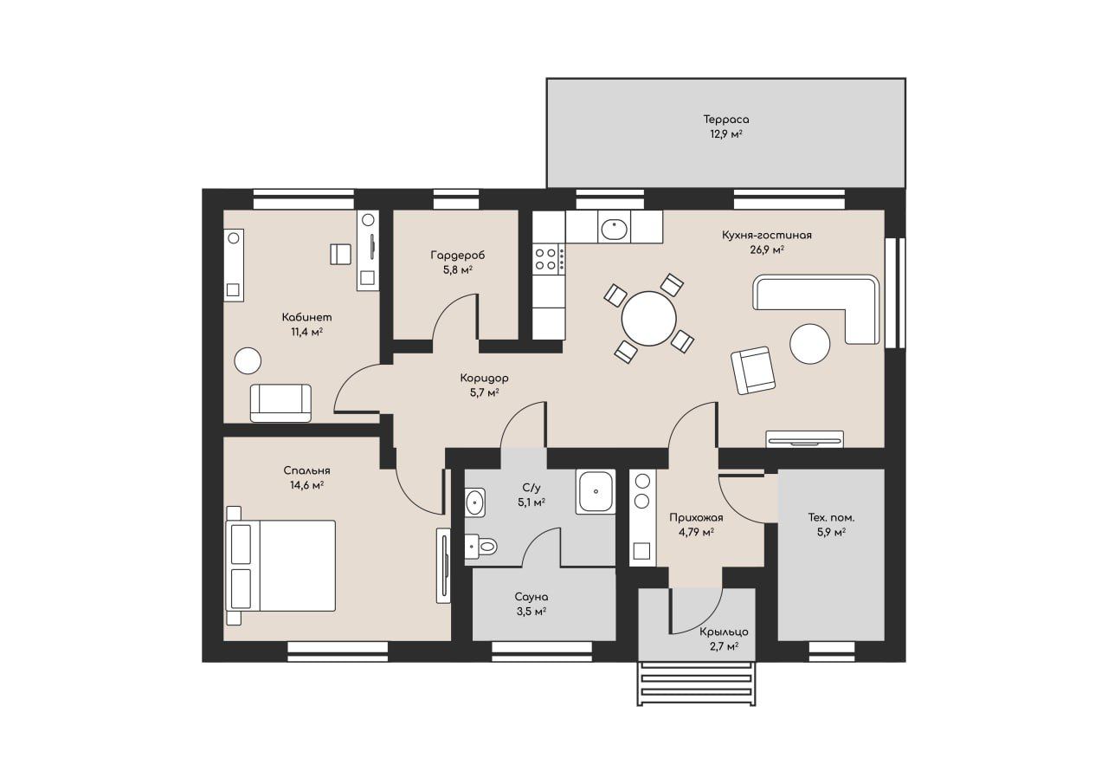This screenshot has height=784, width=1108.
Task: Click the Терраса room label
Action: point(725,120)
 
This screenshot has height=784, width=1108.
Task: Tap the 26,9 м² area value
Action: point(767,250)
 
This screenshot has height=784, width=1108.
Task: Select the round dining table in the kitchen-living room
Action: point(648,319)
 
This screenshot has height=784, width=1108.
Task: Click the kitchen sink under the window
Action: point(615,228)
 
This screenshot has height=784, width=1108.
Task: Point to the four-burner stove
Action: point(549,259)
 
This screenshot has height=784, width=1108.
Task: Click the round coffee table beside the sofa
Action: point(809,344)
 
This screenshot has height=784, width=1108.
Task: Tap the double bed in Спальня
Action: point(280,565)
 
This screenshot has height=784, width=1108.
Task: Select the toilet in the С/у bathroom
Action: point(480,547)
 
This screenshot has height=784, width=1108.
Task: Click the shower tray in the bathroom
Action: point(596,491)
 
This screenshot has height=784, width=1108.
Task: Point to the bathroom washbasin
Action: point(475,502)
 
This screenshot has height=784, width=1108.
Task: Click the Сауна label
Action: point(531,597)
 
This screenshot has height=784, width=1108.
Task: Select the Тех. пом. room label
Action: point(831,518)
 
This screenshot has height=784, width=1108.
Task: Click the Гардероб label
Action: point(458,256)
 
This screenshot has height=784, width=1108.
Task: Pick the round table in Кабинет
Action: point(248,361)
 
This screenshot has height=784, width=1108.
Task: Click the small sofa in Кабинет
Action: point(281,404)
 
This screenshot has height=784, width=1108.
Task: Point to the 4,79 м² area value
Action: point(696,533)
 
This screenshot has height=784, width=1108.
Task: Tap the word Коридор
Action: point(484,379)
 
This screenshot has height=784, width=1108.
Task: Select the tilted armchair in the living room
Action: point(753,370)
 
